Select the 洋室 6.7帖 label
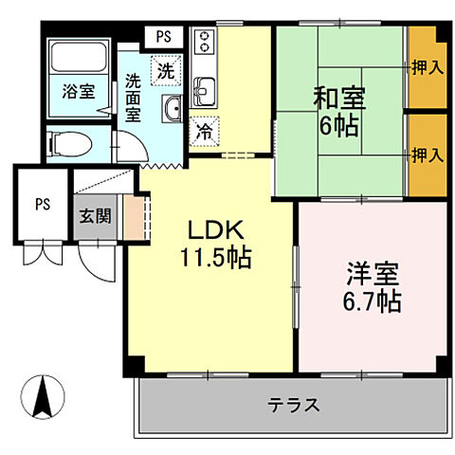(x=372, y=287)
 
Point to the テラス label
(x=292, y=405)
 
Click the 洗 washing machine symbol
(x=166, y=69)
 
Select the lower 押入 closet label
(x=428, y=154)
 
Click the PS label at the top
(x=164, y=37)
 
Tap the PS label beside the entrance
(x=43, y=204)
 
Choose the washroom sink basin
(x=172, y=110)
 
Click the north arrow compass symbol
(x=44, y=395)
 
